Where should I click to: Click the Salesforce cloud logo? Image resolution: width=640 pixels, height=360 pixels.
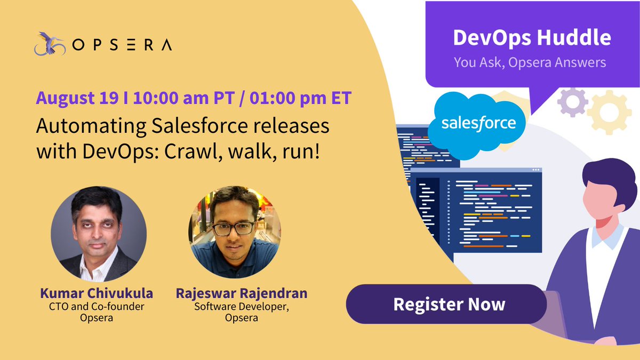pos(478,124)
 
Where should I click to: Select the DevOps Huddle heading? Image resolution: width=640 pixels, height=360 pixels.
pos(531,37)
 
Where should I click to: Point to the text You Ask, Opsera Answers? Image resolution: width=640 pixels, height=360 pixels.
pos(530,62)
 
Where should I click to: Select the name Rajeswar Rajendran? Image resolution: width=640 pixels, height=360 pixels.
pos(241,294)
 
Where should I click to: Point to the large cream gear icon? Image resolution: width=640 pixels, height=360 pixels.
pos(608,111)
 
